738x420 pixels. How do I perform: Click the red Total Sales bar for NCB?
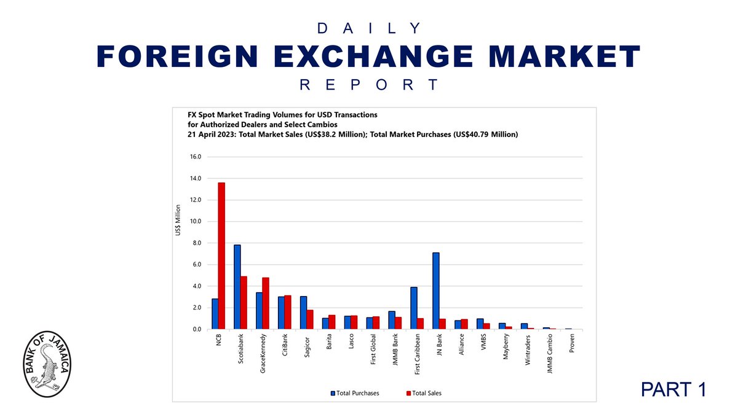221,256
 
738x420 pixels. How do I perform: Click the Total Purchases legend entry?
355,392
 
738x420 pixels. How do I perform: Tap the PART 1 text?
673,389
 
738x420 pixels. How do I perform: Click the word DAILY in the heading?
369,28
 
